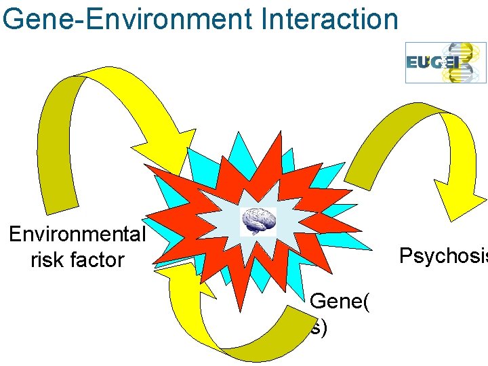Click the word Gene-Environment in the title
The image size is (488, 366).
127,18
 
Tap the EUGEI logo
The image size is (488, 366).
446,62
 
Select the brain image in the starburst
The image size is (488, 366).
259,221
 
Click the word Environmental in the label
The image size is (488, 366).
77,234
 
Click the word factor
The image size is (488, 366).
97,259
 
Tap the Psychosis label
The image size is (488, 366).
443,256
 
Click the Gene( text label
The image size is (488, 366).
340,301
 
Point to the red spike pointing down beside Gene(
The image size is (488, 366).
240,299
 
